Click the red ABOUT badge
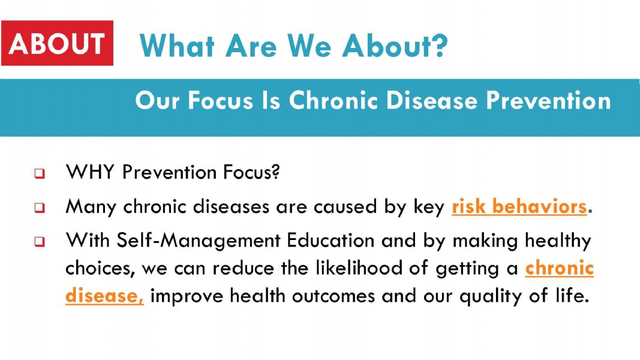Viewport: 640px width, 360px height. click(57, 43)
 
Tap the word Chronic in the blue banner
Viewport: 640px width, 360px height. click(333, 100)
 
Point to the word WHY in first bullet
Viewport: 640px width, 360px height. click(90, 172)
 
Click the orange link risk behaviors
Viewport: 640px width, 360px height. click(519, 206)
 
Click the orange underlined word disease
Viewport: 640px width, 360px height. click(104, 296)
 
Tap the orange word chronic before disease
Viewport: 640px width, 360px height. click(559, 268)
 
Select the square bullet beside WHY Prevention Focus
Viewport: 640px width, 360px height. click(40, 173)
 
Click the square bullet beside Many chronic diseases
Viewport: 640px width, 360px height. click(40, 208)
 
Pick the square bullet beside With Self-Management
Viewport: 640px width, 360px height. click(40, 241)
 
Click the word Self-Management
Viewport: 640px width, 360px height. click(199, 241)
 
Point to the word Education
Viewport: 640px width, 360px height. click(330, 240)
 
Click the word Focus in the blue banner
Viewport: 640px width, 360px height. click(220, 100)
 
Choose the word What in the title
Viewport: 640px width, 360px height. click(177, 45)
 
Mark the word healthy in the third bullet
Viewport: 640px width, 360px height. click(558, 241)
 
